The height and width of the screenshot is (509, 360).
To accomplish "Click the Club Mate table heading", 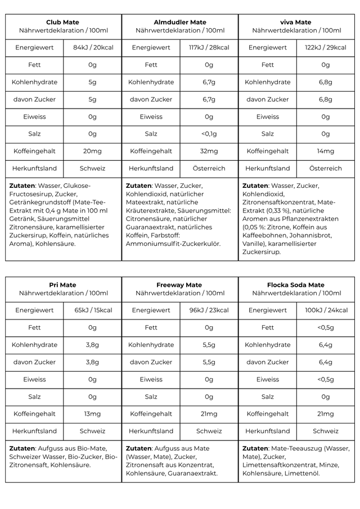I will click(63, 22).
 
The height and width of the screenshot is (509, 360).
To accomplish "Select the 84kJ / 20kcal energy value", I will click(93, 48).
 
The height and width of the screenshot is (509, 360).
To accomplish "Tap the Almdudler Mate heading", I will click(180, 22).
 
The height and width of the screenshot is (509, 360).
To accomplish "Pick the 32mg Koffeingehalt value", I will click(209, 151).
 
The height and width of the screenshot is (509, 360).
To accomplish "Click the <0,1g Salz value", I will click(209, 134).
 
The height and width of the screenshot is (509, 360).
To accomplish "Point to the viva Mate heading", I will click(296, 22).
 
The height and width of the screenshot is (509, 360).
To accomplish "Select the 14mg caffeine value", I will click(325, 151).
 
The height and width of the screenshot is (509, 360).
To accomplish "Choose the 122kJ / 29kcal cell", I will click(325, 48).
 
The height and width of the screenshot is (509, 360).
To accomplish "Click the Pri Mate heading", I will click(63, 285).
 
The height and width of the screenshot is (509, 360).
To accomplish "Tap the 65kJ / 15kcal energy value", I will click(93, 310).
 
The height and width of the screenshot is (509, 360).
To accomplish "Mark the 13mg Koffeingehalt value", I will click(93, 414).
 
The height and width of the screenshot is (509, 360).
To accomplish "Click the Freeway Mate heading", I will click(180, 285).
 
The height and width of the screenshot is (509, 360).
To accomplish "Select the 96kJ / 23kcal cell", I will click(209, 310).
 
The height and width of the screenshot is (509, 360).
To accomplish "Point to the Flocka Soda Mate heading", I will click(296, 285).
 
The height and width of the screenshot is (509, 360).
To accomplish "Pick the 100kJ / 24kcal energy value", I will click(325, 310).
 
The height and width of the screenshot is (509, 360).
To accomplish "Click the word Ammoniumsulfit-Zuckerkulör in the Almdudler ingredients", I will click(173, 244).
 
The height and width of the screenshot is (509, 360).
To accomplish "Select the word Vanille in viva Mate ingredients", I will click(254, 244).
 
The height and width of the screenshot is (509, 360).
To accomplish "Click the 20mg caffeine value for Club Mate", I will click(93, 151).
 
